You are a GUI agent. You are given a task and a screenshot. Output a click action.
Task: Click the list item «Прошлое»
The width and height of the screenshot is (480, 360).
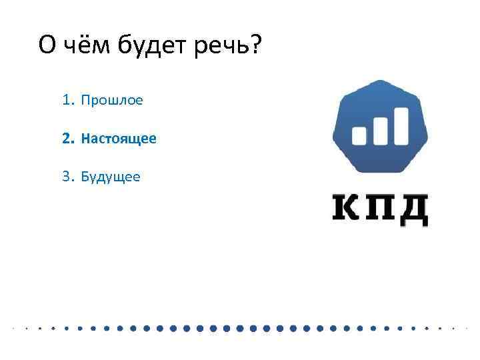coord(112,101)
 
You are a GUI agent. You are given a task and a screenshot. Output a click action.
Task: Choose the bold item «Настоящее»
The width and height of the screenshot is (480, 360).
coord(119,139)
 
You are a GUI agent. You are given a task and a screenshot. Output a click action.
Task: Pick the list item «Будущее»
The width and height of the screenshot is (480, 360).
coord(111,177)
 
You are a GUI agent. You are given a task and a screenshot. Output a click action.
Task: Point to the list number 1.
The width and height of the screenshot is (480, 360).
coord(66,101)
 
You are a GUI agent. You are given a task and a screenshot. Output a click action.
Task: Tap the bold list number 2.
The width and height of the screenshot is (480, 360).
coord(66,139)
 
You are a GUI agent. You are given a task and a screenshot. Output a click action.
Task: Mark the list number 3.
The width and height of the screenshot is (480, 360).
coord(66,177)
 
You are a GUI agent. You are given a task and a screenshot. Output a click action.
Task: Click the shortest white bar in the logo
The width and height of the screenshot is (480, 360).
coord(359,135)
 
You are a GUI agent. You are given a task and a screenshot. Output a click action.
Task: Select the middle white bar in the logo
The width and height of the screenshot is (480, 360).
coord(381,130)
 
